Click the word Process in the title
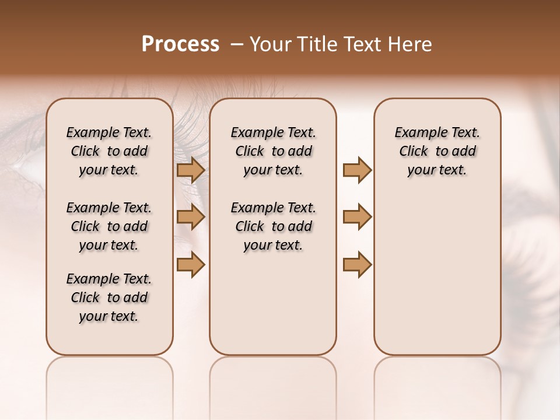[x=180, y=44]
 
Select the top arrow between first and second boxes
[x=190, y=170]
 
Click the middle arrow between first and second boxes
[x=190, y=218]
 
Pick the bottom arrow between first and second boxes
[x=190, y=264]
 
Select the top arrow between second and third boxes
[x=357, y=170]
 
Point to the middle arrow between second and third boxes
[x=357, y=218]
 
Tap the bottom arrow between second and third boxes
[x=357, y=264]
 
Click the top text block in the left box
[x=109, y=151]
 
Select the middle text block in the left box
[x=109, y=226]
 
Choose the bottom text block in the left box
[x=109, y=297]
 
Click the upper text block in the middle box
[x=273, y=151]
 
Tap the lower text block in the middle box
[x=273, y=226]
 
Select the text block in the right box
[x=437, y=151]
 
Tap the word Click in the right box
[x=414, y=151]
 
